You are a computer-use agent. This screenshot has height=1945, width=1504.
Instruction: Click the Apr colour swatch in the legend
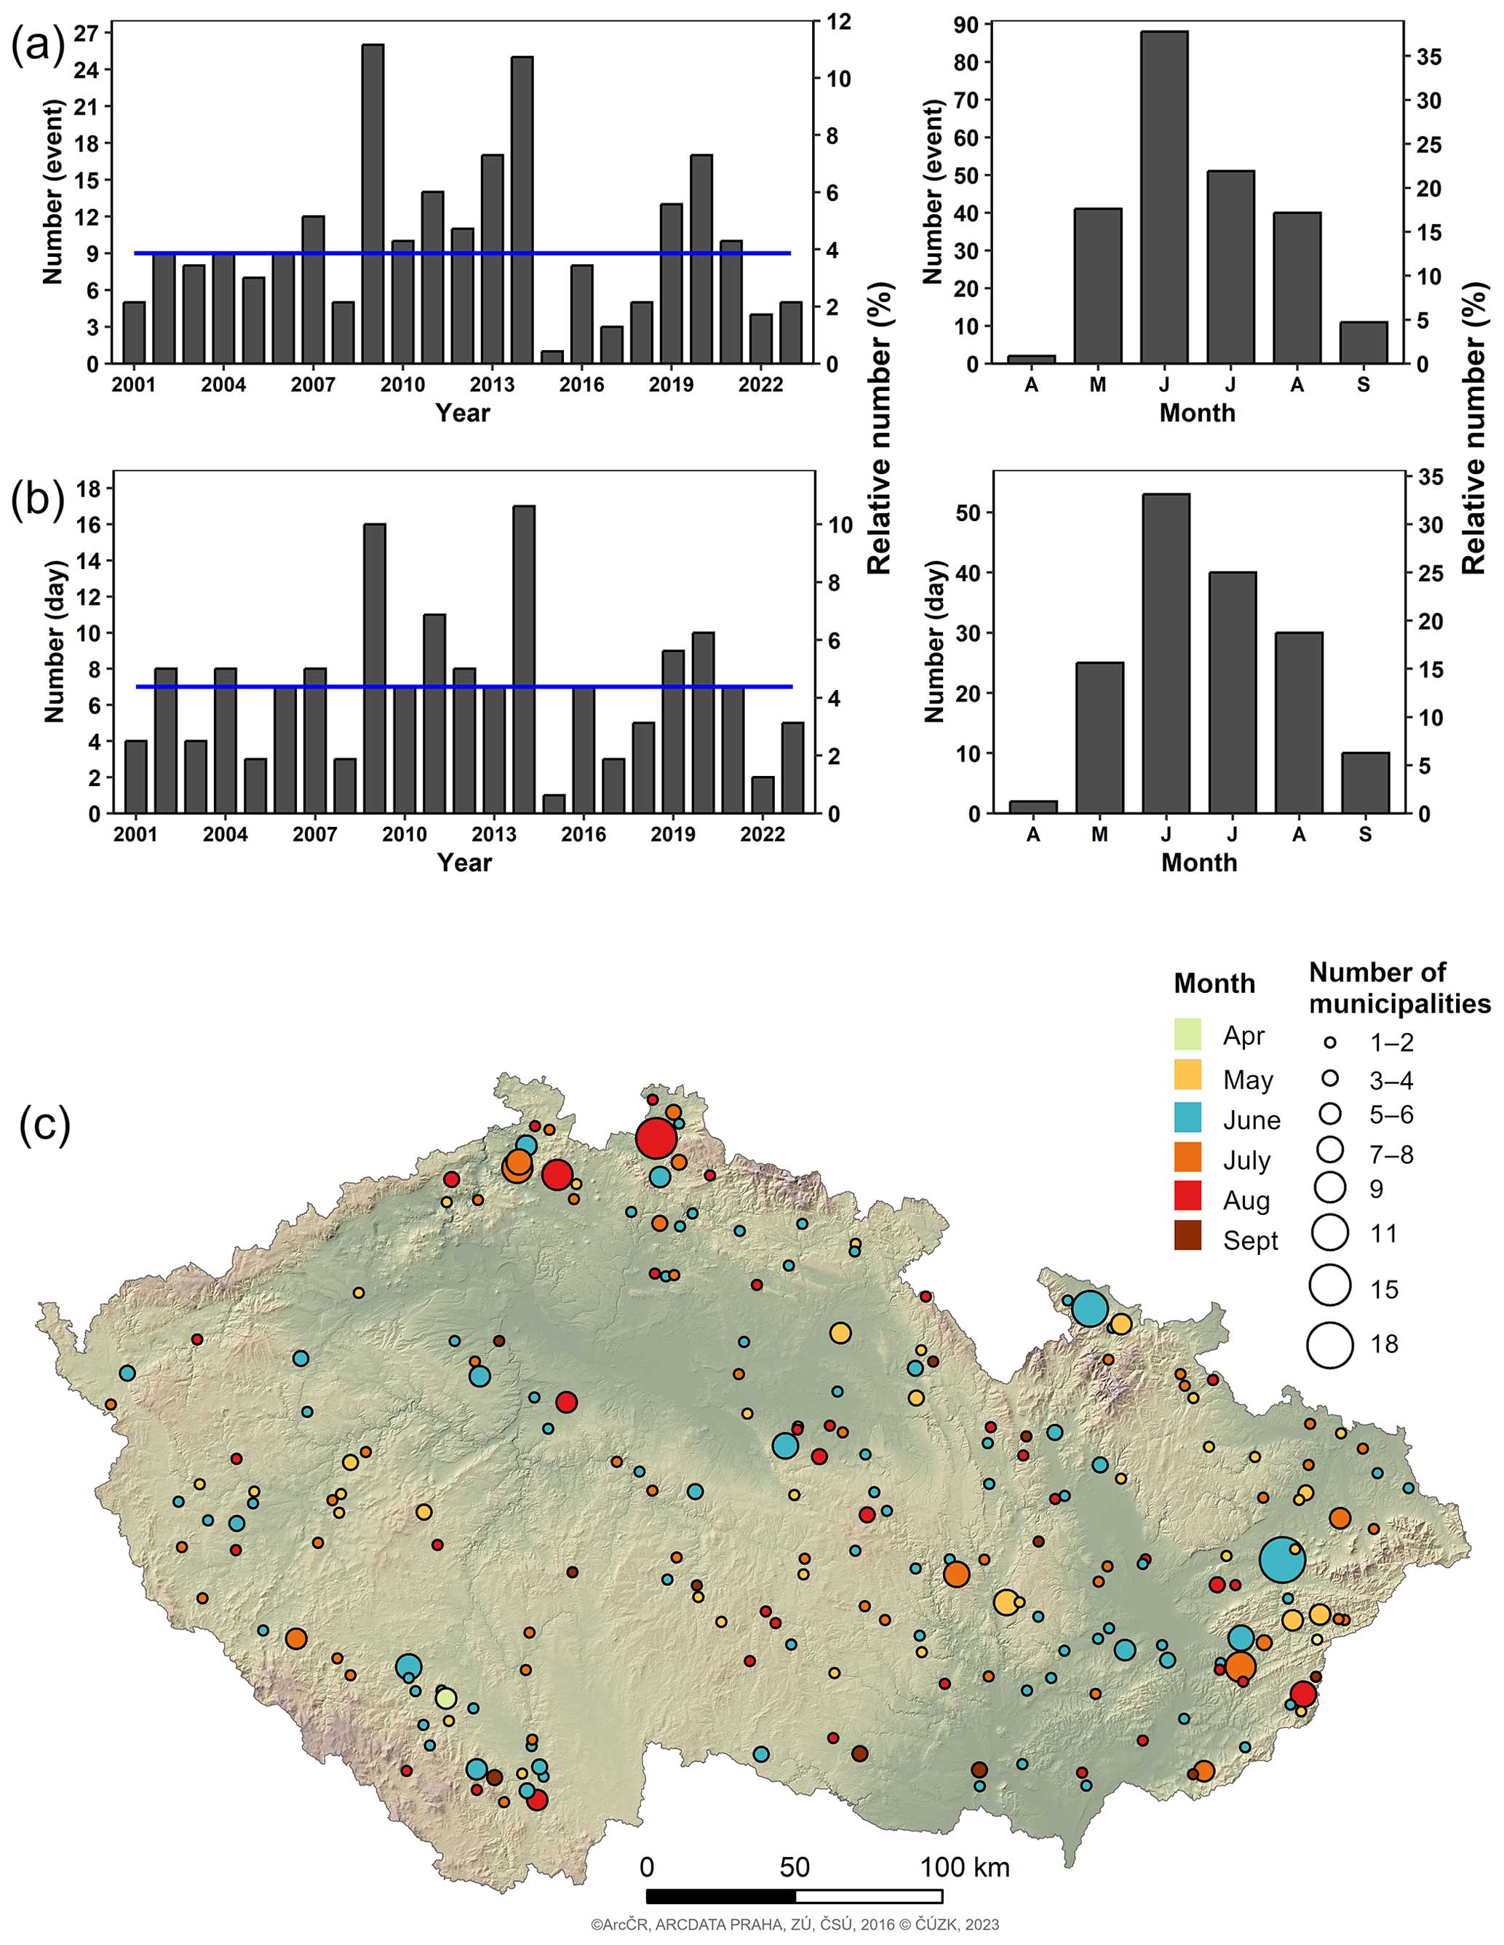pyautogui.click(x=1188, y=1034)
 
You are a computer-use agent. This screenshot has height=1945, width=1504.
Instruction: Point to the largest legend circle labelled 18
pyautogui.click(x=1330, y=1344)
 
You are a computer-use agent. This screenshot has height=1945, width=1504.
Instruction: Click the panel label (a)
pyautogui.click(x=37, y=47)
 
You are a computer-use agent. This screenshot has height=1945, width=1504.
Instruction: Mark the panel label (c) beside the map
pyautogui.click(x=44, y=1125)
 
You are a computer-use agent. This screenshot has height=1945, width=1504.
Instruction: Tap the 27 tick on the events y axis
pyautogui.click(x=89, y=33)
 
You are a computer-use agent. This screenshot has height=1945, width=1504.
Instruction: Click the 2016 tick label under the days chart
pyautogui.click(x=584, y=834)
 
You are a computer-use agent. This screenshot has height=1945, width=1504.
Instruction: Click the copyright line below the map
pyautogui.click(x=795, y=1925)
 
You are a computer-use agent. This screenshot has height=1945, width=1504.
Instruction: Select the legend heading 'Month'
pyautogui.click(x=1214, y=983)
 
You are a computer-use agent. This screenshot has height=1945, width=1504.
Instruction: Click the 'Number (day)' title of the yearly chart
pyautogui.click(x=55, y=641)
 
